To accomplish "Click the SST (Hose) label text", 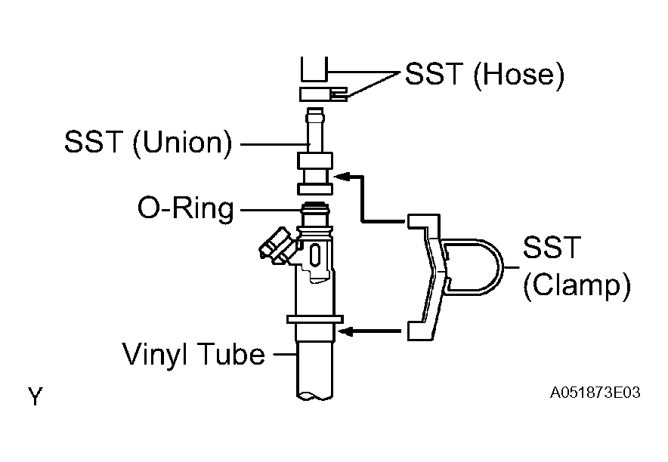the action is tap(484, 75).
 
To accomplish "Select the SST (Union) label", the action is tap(149, 142).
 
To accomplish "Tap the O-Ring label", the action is tap(186, 208).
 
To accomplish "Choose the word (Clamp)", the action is tap(577, 286).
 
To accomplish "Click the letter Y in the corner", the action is tap(36, 396).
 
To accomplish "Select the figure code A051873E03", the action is tap(595, 393).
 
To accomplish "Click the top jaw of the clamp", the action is tap(423, 222).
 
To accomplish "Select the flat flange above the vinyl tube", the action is tap(315, 319).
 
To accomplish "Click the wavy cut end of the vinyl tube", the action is tap(314, 396).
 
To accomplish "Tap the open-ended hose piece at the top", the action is tap(314, 69).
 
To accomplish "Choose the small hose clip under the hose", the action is tap(323, 94).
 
